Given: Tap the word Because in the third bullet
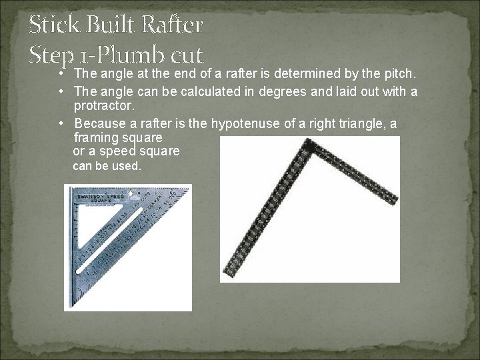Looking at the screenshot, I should (x=100, y=123).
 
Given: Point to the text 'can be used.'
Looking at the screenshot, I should (x=107, y=166).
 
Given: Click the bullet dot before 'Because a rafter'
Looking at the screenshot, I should (x=61, y=123).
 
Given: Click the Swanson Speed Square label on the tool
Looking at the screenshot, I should (x=98, y=197).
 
